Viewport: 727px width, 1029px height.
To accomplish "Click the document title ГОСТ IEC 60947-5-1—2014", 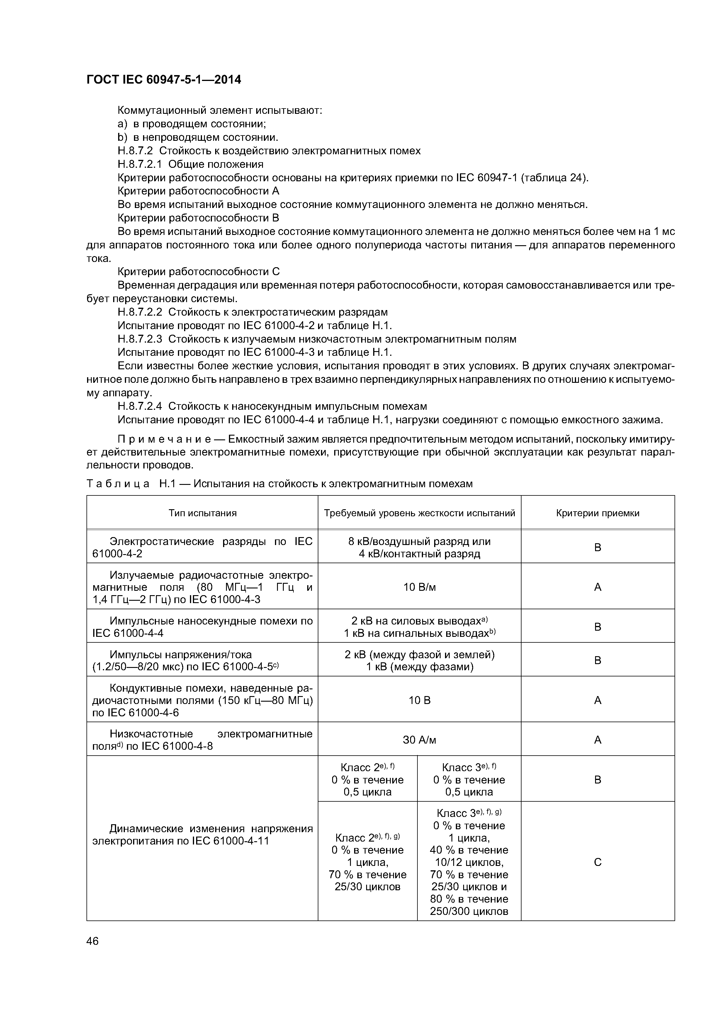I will (x=164, y=80).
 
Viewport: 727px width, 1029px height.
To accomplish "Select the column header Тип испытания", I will (x=203, y=513).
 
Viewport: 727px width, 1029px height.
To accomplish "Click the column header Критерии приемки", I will (x=597, y=513).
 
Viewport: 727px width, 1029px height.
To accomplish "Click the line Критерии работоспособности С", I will (x=198, y=272).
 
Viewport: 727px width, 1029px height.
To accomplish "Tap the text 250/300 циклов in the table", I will (x=469, y=911).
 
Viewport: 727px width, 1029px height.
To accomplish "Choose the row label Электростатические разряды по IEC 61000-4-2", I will (x=203, y=547).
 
